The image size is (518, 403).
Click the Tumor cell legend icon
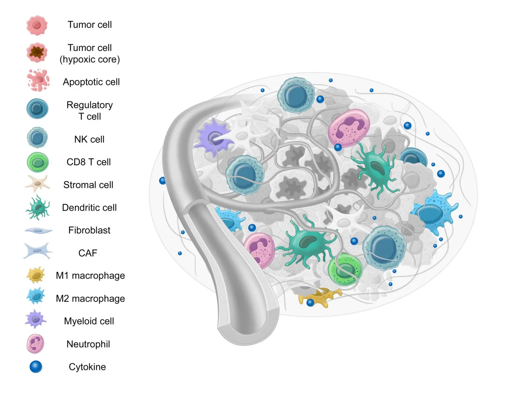[x=37, y=25]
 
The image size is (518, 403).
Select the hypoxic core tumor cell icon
[x=37, y=52]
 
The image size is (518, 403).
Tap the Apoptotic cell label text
[x=91, y=82]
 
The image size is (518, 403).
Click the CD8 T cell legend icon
[x=38, y=162]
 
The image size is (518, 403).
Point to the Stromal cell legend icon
[x=38, y=184]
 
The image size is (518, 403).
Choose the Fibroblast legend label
[x=89, y=230]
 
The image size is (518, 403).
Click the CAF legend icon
[x=37, y=251]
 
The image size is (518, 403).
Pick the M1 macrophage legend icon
[x=36, y=275]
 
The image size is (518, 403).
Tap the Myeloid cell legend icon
[x=35, y=319]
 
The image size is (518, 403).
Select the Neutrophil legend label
[x=88, y=344]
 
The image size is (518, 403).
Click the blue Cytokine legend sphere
[x=36, y=367]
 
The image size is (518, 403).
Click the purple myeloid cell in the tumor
[x=214, y=138]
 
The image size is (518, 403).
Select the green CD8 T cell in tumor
[x=345, y=270]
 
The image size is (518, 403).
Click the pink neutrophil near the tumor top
[x=349, y=128]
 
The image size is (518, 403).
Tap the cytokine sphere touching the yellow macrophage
[x=310, y=303]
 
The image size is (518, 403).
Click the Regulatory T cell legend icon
[x=37, y=109]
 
